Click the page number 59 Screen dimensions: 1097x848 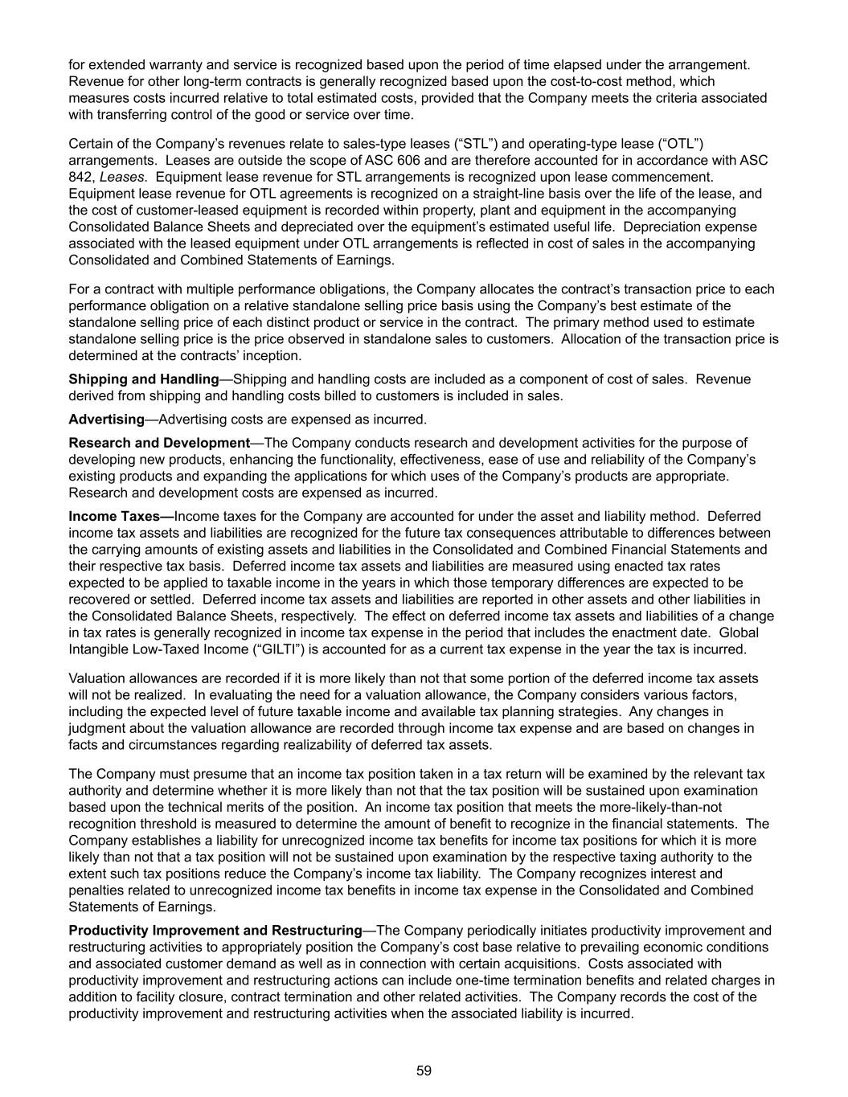pyautogui.click(x=424, y=1070)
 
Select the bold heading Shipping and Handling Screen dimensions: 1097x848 pyautogui.click(x=144, y=379)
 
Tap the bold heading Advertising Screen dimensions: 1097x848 pyautogui.click(x=106, y=419)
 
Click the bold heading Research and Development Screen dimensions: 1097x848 pyautogui.click(x=159, y=442)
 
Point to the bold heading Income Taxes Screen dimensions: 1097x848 pyautogui.click(x=121, y=516)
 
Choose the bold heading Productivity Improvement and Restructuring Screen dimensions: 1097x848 pyautogui.click(x=215, y=930)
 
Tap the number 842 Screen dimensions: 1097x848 pyautogui.click(x=81, y=177)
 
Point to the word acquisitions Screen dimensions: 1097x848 pyautogui.click(x=533, y=964)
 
